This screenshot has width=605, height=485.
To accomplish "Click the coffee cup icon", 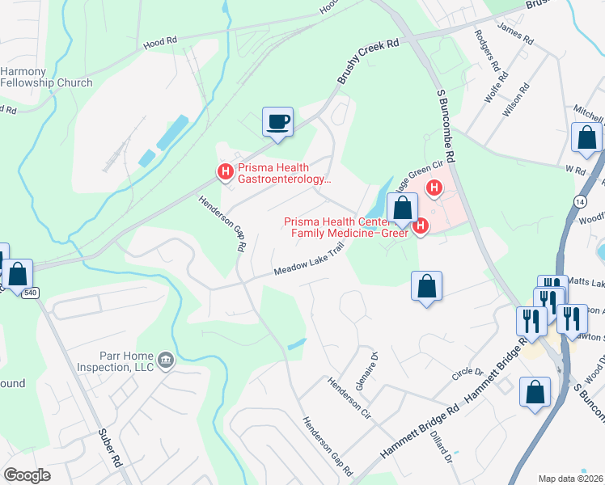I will click(277, 122).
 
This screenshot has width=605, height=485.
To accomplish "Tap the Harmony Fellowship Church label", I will click(46, 77).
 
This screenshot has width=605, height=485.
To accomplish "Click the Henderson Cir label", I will click(348, 399).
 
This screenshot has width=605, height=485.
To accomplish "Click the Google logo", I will click(27, 475).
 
